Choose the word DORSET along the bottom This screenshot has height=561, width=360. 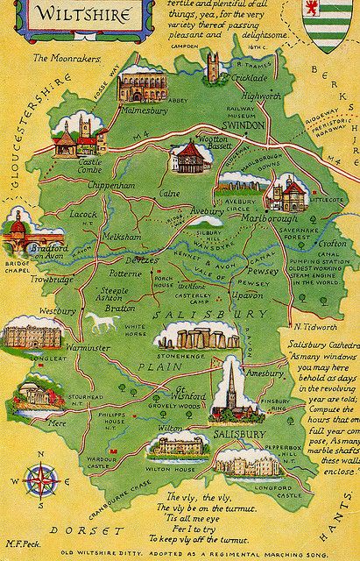(87, 531)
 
